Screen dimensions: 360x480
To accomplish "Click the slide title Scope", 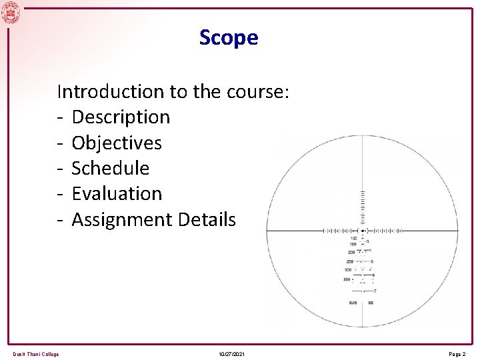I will tap(228, 38).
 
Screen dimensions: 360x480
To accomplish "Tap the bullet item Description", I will tap(121, 117).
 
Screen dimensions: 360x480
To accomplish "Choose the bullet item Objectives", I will tap(117, 143).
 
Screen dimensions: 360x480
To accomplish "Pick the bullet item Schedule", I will tap(110, 168).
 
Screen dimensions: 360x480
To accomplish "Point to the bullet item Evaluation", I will tap(117, 193).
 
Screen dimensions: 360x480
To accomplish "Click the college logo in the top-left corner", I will tap(11, 12).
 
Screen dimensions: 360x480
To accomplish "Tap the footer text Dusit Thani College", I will tap(35, 354).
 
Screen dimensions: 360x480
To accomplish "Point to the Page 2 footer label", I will tap(457, 354).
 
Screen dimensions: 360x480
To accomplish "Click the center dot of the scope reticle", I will tap(363, 231).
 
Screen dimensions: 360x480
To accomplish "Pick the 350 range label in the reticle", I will tap(347, 279).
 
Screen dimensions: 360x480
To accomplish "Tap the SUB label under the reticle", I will tap(353, 303).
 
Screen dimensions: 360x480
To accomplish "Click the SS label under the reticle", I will tap(371, 303).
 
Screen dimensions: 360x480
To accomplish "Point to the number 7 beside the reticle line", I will tap(375, 291).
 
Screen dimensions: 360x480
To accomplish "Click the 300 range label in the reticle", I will tap(348, 270).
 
